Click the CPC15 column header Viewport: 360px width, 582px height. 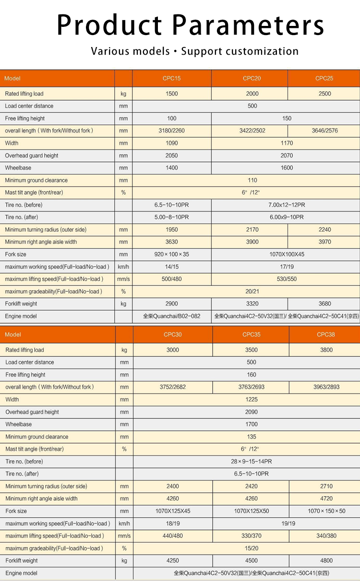tap(171, 78)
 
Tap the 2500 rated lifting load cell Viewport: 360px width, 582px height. tap(324, 94)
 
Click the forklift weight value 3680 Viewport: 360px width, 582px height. tap(324, 304)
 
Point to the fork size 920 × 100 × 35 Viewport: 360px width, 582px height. tap(171, 254)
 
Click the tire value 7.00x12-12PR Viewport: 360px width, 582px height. tap(287, 205)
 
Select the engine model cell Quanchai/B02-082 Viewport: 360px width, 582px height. tap(171, 316)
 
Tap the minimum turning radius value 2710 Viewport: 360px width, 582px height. tap(326, 486)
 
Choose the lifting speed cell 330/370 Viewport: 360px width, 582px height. tap(251, 536)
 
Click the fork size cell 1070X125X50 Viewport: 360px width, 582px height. tap(251, 511)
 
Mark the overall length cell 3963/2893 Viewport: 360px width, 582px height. tap(326, 387)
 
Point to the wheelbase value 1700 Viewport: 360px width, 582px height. tap(251, 424)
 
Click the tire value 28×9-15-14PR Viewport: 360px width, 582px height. tap(251, 462)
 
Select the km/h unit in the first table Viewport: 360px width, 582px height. tap(123, 267)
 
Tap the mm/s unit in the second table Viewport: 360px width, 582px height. tap(124, 536)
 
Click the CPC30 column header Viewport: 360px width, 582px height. tap(172, 334)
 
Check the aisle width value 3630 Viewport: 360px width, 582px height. tap(171, 242)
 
